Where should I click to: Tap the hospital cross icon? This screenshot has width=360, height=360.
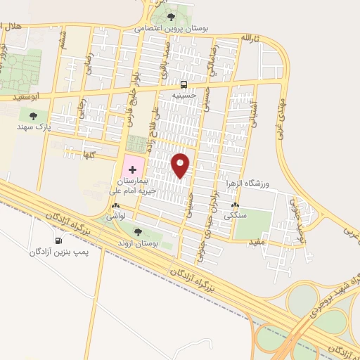coord(131,169)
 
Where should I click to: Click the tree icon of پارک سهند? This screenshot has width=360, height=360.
coord(33,116)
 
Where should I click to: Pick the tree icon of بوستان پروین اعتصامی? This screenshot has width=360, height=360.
coord(171,16)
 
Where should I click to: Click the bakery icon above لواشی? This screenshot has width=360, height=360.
coord(115,207)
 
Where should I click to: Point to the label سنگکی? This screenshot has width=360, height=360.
coord(236,217)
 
